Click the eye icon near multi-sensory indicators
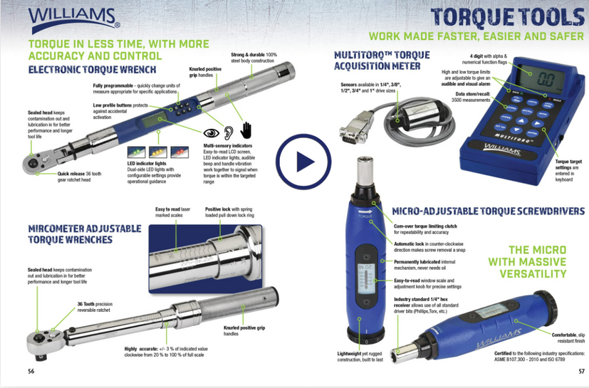point(212,132)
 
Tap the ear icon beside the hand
point(229,132)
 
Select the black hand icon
point(246,130)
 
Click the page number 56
point(31,371)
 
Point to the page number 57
point(581,371)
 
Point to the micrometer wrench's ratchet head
point(45,340)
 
